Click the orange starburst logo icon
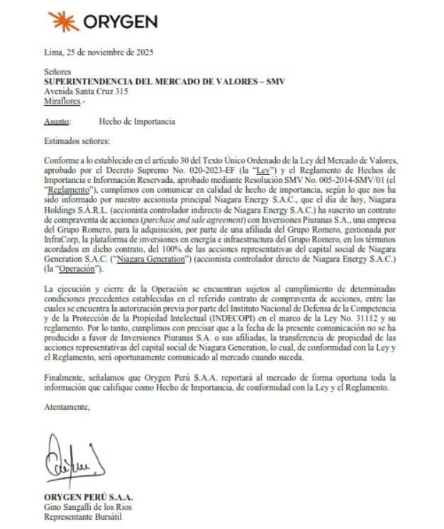(x=62, y=21)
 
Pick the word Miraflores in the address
(x=61, y=101)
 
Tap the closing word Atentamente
(x=67, y=407)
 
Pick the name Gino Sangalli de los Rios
(x=88, y=506)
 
